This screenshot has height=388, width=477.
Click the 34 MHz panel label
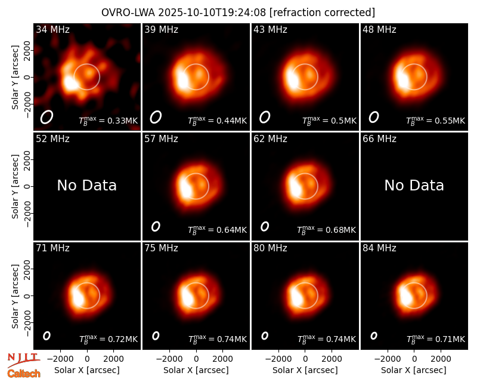[52, 29]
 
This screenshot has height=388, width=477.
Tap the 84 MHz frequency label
[379, 248]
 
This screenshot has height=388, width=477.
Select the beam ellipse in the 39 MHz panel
[156, 117]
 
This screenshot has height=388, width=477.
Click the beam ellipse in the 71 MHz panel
[47, 335]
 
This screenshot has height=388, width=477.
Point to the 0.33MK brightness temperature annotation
[109, 121]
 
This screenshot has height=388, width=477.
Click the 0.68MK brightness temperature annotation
[326, 230]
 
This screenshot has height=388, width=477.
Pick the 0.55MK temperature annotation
[436, 121]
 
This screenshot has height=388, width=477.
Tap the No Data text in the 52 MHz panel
[86, 185]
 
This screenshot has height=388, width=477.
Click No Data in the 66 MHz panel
[414, 185]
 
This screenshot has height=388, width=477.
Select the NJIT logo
[23, 359]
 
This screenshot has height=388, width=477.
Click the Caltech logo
[24, 374]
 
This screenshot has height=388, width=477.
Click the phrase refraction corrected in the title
[322, 13]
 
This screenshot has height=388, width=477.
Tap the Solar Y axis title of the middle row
[15, 186]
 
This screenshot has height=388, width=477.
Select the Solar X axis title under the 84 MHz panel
[414, 370]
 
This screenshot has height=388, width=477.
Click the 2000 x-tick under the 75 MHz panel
[222, 359]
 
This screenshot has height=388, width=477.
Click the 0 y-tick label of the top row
[27, 77]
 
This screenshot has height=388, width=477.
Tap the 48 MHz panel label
[379, 29]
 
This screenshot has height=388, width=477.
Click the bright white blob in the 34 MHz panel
[70, 83]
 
